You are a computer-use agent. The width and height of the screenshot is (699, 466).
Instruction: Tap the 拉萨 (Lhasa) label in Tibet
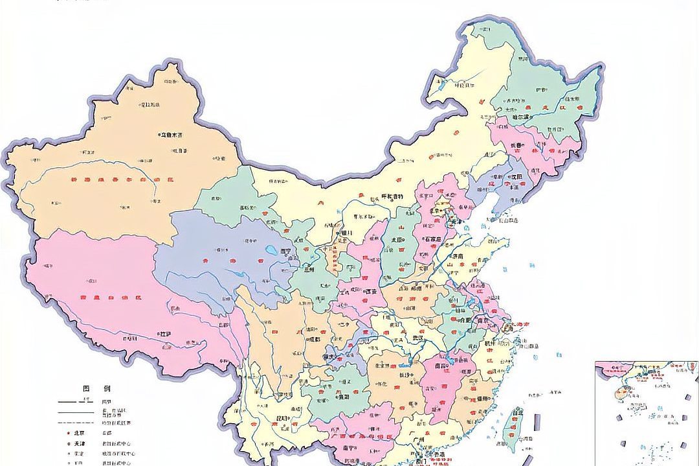[x=165, y=333]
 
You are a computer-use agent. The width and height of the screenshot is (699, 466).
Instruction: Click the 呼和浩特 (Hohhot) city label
[x=391, y=196]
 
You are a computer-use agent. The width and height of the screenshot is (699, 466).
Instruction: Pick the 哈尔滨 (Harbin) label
[x=516, y=117]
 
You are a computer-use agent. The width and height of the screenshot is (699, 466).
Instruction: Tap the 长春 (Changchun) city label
[x=516, y=146]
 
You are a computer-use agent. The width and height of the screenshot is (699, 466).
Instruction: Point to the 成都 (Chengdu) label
[x=314, y=338]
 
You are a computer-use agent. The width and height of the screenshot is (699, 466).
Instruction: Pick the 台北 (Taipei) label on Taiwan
[x=517, y=412]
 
